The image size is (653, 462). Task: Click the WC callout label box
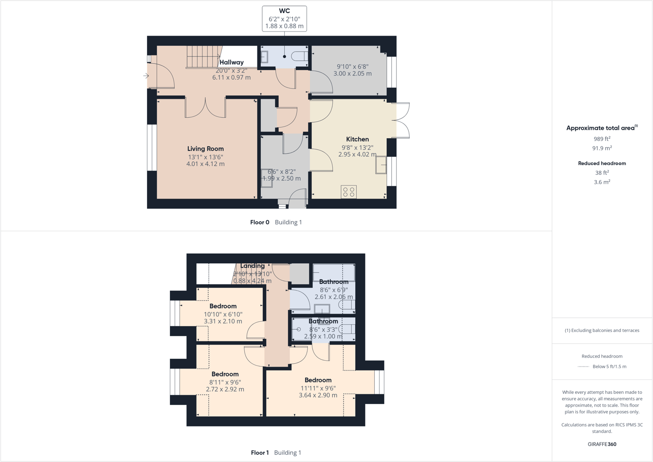(x=284, y=18)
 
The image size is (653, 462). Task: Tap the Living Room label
(x=205, y=149)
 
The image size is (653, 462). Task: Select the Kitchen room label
(x=357, y=139)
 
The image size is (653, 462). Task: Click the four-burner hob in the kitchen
(x=348, y=192)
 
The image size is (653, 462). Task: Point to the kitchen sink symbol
(x=381, y=165)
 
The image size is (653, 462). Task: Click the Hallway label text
(x=232, y=62)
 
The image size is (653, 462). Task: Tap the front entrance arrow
(x=146, y=76)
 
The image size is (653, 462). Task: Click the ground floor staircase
(x=203, y=57)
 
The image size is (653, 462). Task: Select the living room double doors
(x=205, y=108)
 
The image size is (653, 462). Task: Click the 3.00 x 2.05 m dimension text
(x=352, y=74)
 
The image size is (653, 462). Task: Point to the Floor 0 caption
(x=259, y=222)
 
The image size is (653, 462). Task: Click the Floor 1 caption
(x=260, y=453)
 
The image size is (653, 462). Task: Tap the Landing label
(x=252, y=266)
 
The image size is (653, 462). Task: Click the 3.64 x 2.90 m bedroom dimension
(x=318, y=395)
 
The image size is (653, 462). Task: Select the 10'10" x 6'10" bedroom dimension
(x=223, y=314)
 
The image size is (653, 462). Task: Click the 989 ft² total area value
(x=602, y=139)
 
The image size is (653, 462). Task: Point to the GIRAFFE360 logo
(x=602, y=444)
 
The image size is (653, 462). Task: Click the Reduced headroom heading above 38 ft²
(x=602, y=163)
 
